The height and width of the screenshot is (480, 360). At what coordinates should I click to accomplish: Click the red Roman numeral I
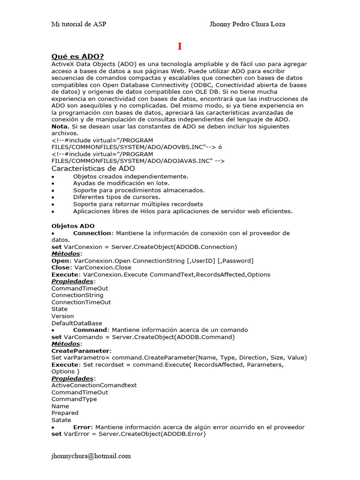[x=180, y=46]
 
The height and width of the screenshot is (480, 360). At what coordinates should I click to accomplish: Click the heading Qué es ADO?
[x=77, y=57]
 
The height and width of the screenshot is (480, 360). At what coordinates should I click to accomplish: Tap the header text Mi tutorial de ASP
[x=79, y=24]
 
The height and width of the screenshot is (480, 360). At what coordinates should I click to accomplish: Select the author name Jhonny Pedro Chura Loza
[x=247, y=24]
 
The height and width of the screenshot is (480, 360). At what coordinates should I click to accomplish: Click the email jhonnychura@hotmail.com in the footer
[x=91, y=456]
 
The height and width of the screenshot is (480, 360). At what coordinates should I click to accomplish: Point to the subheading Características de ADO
[x=93, y=168]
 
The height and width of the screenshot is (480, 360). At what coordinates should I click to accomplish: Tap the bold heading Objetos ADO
[x=73, y=226]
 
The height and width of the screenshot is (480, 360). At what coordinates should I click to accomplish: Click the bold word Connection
[x=93, y=233]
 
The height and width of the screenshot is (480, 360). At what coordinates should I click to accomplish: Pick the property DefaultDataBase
[x=76, y=323]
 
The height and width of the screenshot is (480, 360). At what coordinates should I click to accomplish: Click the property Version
[x=62, y=316]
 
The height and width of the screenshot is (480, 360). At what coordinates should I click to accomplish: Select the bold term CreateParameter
[x=81, y=351]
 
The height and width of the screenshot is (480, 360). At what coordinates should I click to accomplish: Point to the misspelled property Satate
[x=61, y=420]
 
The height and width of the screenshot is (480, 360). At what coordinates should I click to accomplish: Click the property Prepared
[x=65, y=413]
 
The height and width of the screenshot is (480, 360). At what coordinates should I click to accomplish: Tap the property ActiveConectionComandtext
[x=94, y=385]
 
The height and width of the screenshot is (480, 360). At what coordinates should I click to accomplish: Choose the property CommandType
[x=74, y=399]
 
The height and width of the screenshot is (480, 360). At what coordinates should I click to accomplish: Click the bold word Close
[x=60, y=268]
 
